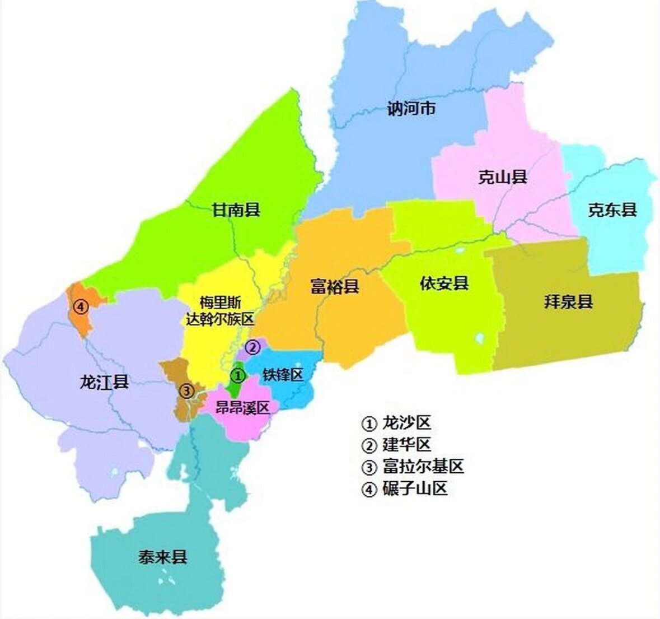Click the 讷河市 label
point(411,108)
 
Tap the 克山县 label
point(503,178)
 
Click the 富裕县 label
point(334,287)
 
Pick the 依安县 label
point(444,283)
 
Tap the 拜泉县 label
point(568,302)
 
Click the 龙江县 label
point(105,383)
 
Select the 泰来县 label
point(162,557)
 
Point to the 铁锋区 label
point(283,375)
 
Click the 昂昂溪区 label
point(243,407)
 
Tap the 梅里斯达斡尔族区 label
point(220,311)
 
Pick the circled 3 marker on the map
point(186,390)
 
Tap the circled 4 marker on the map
point(82,307)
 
